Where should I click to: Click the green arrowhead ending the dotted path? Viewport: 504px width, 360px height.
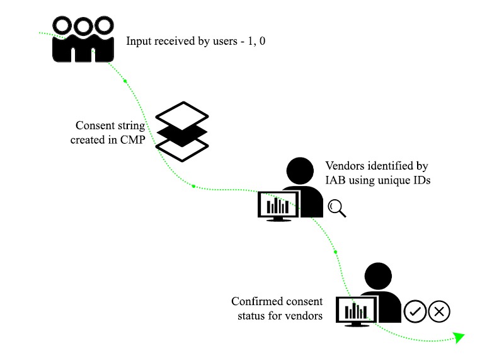point(459,337)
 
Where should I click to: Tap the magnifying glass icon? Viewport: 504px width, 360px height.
point(337,208)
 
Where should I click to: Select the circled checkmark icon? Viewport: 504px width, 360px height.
point(415,311)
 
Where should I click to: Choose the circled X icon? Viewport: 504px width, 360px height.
point(439,311)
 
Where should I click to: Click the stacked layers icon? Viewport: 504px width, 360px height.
point(181,131)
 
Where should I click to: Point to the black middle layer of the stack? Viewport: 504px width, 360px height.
point(181,132)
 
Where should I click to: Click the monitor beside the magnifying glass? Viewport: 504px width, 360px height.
point(278,206)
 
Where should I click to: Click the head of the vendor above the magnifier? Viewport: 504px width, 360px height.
point(301,171)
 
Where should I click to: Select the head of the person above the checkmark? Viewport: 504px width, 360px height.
point(378,276)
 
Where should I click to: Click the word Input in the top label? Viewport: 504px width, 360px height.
point(139,42)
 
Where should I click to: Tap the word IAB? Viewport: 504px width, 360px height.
point(335,181)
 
